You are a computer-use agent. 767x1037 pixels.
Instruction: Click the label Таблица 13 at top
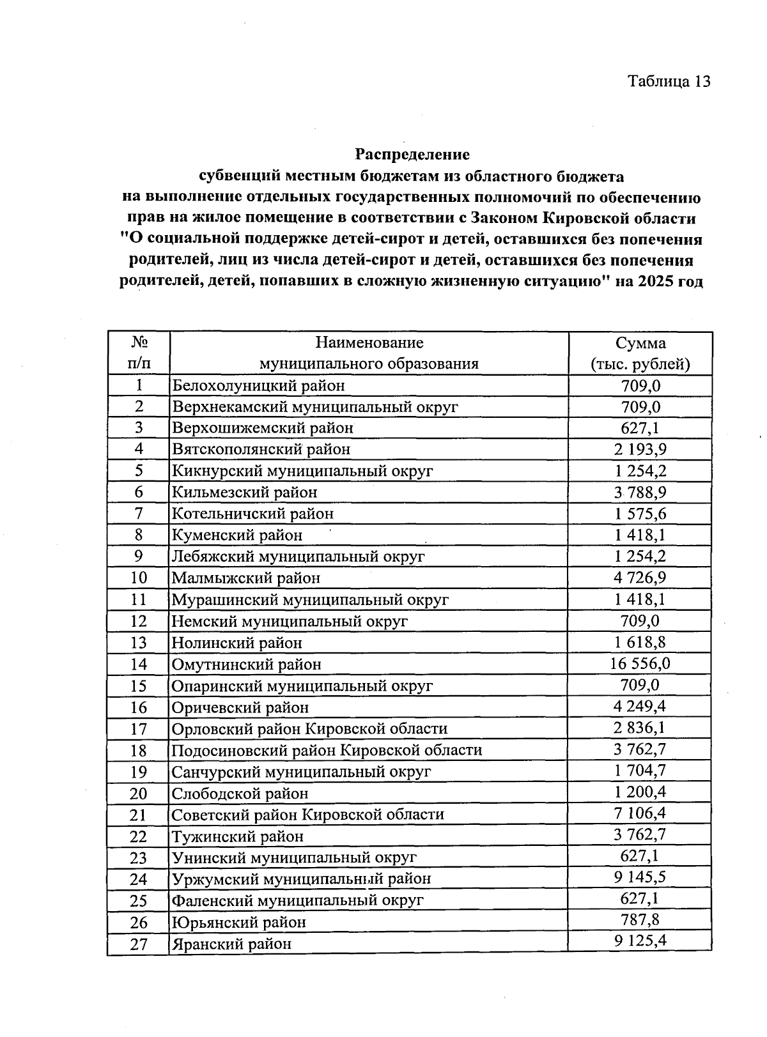coord(669,81)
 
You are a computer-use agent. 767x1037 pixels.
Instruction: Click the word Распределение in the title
coord(412,155)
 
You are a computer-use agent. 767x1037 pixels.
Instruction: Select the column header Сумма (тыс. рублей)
coord(640,353)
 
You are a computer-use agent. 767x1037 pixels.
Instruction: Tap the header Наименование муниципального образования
coord(369,353)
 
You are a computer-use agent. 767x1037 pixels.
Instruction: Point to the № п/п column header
coord(139,353)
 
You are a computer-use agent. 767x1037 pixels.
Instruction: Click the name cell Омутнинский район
coord(247,664)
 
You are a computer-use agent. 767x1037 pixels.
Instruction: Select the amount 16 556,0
coord(640,663)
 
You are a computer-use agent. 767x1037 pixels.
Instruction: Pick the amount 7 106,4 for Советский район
coord(640,813)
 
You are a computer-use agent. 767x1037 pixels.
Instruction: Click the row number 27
coord(139,944)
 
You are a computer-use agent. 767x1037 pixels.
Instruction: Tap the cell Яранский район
coord(232,944)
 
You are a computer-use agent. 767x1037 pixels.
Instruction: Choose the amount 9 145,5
coord(640,877)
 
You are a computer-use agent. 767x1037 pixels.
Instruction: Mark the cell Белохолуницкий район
coord(258,386)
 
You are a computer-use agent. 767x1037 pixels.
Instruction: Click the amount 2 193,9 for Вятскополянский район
coord(640,449)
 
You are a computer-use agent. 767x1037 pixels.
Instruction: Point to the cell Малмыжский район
coord(246,578)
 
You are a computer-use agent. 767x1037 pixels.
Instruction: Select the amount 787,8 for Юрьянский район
coord(640,921)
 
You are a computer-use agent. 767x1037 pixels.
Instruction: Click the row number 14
coord(139,664)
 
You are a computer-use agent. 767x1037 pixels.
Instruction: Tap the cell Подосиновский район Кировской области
coord(327,750)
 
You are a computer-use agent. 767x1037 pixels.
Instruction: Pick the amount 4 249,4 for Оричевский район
coord(640,707)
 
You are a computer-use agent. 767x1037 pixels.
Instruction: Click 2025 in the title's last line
coord(654,282)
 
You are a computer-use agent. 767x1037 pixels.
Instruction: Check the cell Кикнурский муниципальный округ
coord(302,472)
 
